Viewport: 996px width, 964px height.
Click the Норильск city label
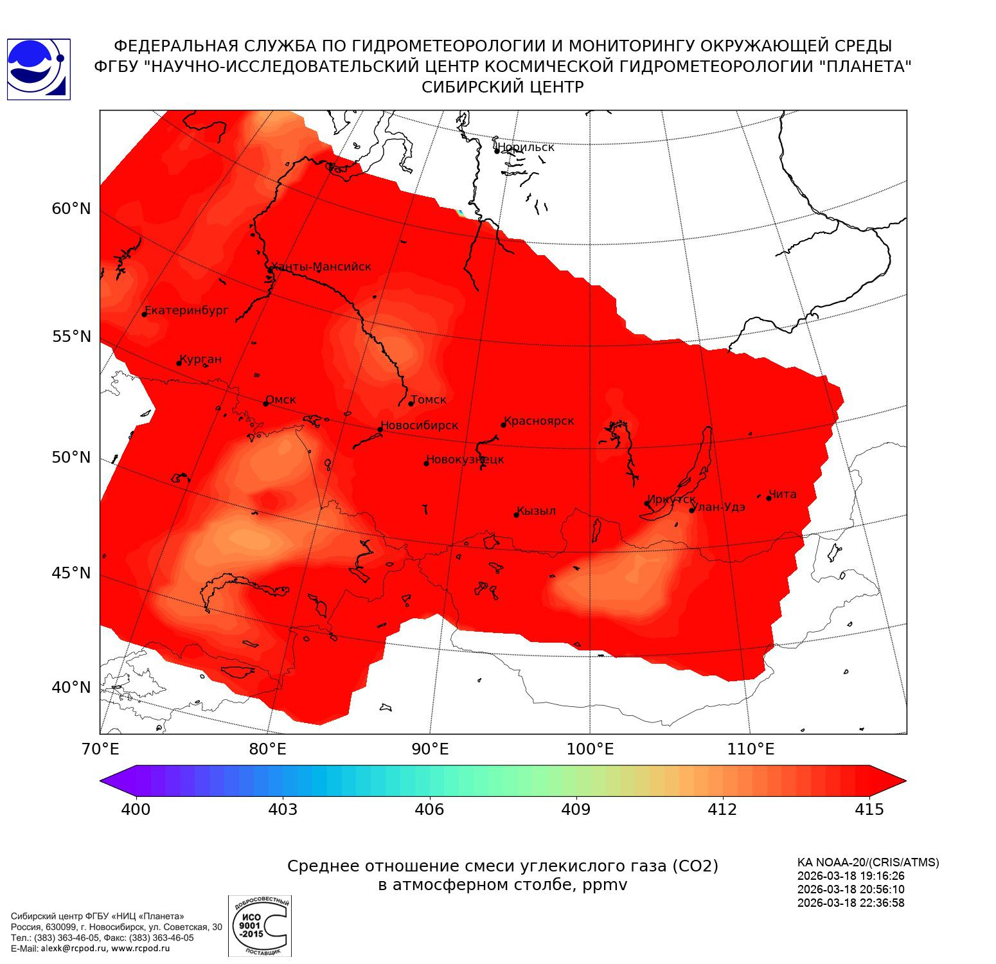pos(526,147)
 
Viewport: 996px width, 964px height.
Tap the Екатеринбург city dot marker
pos(145,314)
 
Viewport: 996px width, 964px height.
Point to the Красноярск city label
pos(539,421)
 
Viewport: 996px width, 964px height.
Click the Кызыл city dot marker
pos(516,514)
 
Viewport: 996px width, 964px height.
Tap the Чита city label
pos(783,494)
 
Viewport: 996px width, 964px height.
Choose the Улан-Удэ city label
pos(718,507)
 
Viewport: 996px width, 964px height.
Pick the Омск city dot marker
pos(265,404)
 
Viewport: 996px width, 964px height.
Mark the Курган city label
pos(200,359)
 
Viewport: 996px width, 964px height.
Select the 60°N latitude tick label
pos(71,209)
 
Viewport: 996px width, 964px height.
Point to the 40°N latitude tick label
pos(71,688)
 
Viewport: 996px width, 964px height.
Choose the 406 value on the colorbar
pos(429,810)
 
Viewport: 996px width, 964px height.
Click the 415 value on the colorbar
pos(869,810)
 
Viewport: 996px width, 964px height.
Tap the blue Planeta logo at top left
pos(38,69)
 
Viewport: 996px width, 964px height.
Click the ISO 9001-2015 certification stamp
pos(260,925)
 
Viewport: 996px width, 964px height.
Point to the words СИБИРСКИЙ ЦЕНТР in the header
pos(502,87)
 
